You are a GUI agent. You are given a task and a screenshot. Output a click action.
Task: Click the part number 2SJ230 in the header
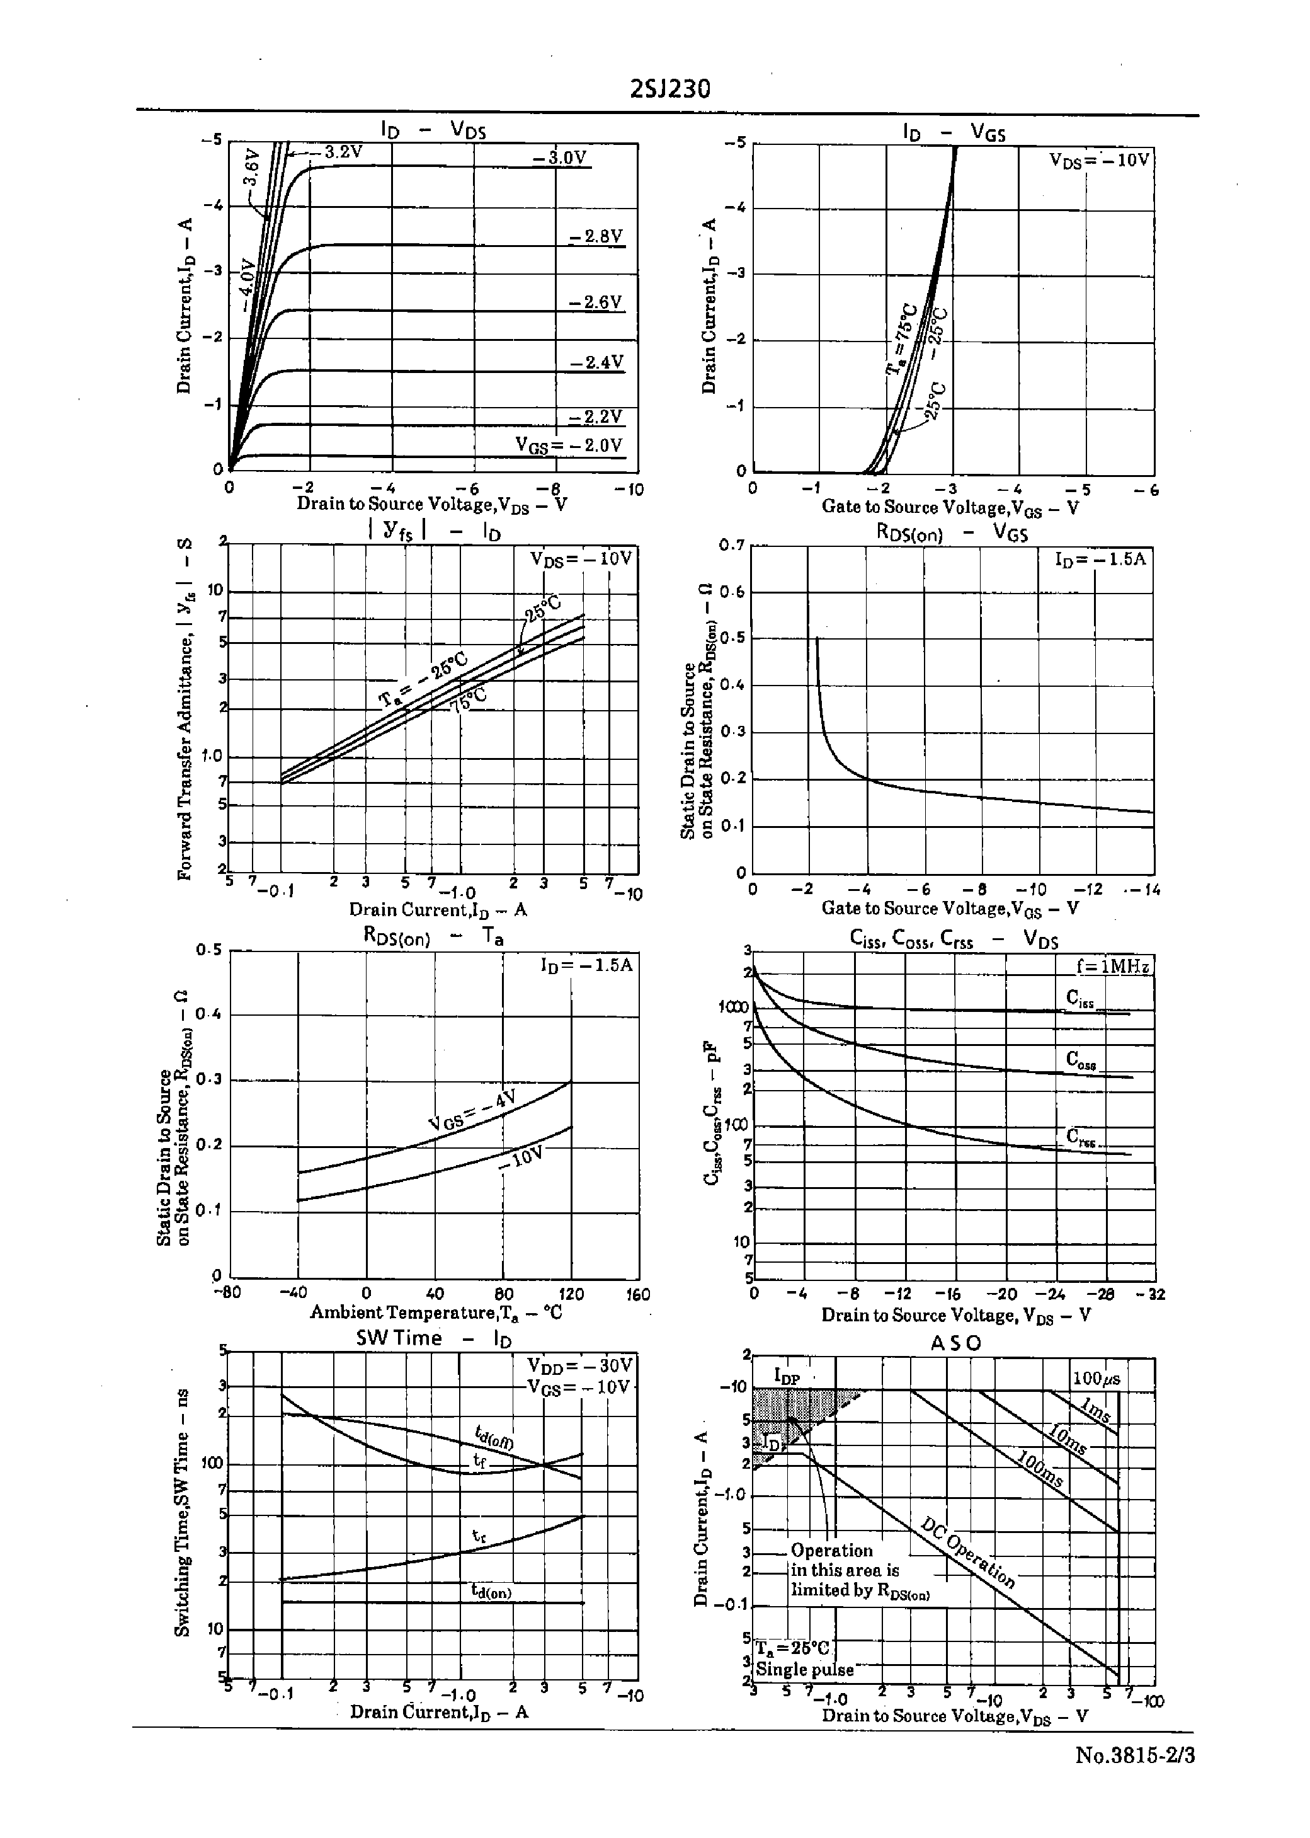(x=669, y=89)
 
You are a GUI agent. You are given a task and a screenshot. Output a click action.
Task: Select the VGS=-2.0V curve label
(x=569, y=445)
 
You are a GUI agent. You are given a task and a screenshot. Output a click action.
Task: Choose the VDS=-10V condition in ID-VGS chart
(x=1098, y=160)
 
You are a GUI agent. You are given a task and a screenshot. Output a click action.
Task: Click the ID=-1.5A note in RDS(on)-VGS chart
(x=1100, y=559)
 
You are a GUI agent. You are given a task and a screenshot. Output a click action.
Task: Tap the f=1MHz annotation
(x=1112, y=967)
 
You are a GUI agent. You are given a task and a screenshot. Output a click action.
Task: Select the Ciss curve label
(x=1080, y=999)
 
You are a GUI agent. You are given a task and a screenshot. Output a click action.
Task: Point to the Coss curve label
(x=1081, y=1059)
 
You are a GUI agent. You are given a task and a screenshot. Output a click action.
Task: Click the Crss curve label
(x=1081, y=1137)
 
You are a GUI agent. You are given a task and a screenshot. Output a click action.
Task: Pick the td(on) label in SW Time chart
(x=491, y=1591)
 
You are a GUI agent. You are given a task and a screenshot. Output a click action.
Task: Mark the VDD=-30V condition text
(x=580, y=1365)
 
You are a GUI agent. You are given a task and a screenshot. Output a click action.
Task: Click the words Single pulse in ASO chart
(x=804, y=1669)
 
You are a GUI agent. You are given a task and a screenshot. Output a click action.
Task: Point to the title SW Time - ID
(x=434, y=1338)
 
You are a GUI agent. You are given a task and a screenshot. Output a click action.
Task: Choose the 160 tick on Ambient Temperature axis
(x=637, y=1294)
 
